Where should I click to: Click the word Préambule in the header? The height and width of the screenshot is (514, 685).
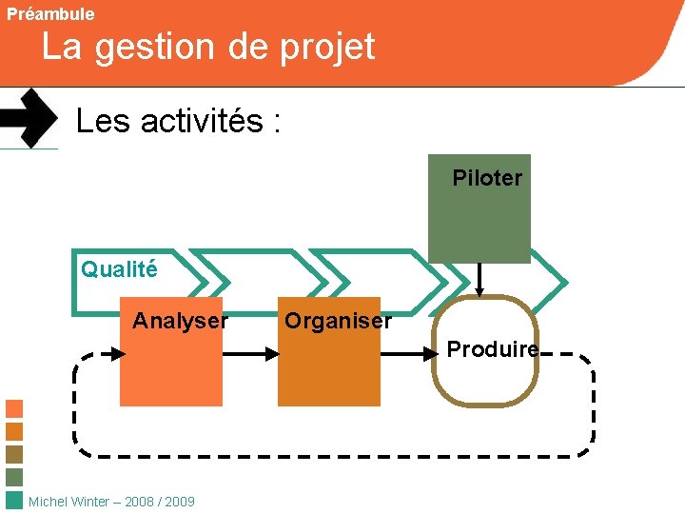point(50,14)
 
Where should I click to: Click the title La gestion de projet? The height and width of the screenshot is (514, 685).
point(208,47)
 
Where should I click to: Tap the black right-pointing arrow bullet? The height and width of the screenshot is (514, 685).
point(29,118)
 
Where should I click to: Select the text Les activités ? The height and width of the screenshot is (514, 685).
point(178,122)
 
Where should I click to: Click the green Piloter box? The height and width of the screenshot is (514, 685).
point(479,219)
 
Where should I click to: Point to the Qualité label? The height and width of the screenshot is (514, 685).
point(119,269)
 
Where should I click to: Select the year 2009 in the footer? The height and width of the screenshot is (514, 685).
point(180,502)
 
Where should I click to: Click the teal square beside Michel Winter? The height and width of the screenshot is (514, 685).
point(14,501)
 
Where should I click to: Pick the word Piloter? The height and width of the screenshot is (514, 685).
point(487,178)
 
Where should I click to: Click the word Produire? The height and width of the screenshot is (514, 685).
point(492,349)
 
